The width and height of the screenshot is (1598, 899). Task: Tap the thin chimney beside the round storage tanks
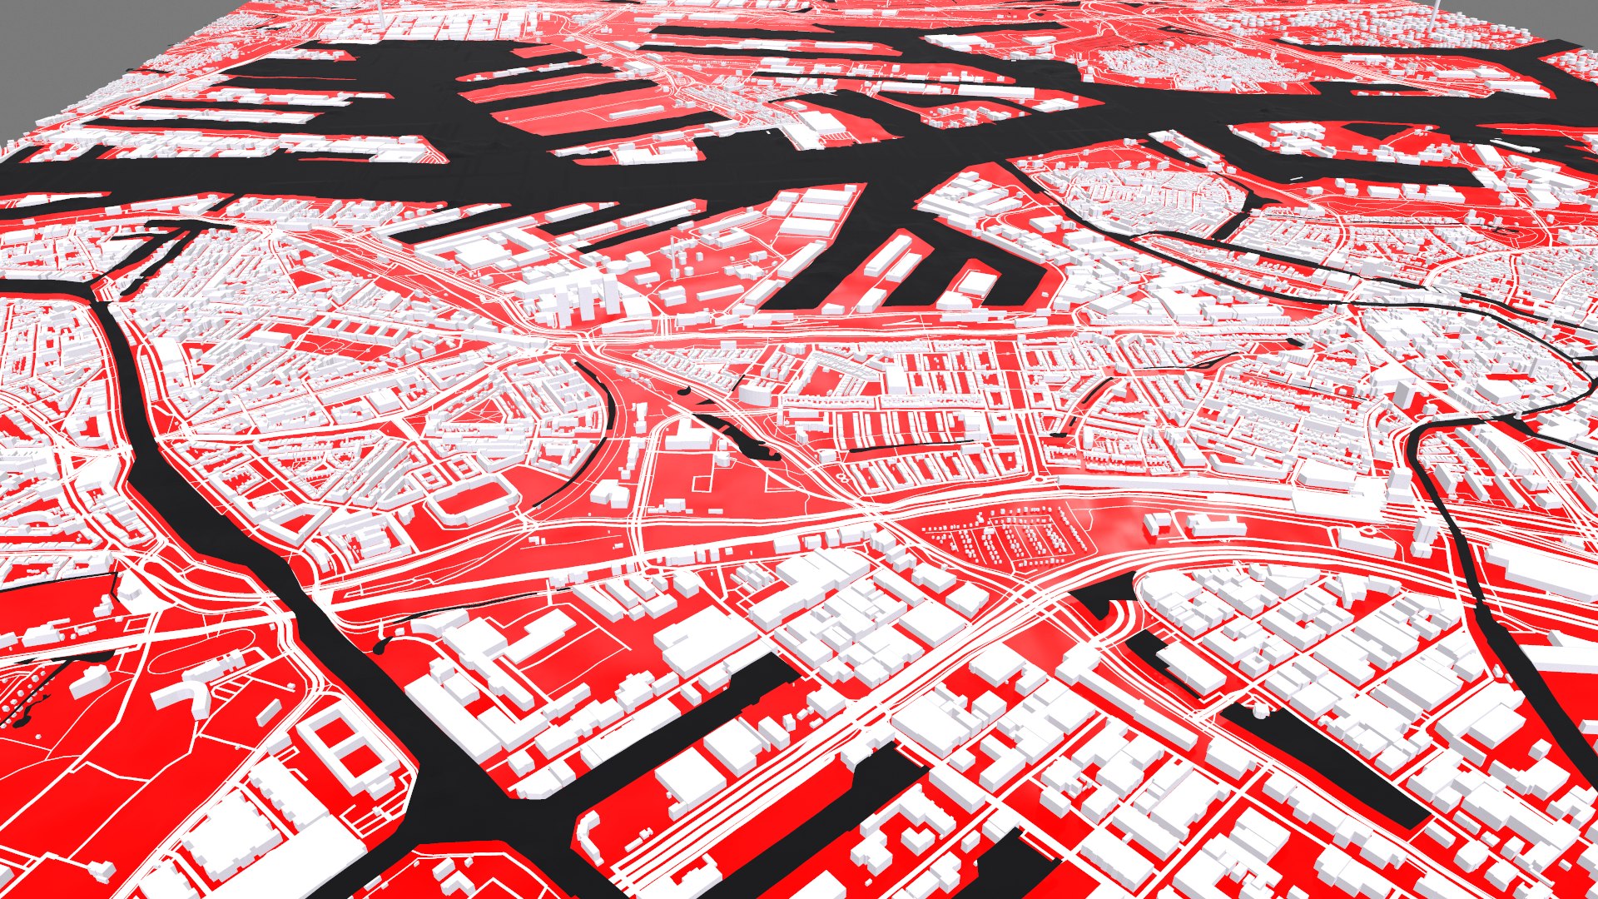point(671,250)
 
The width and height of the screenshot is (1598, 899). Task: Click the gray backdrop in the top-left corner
point(50,50)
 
